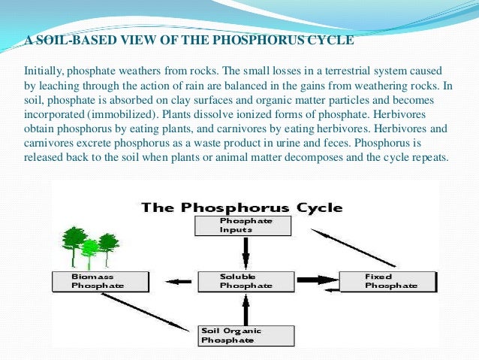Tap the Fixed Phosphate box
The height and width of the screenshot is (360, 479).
point(387,281)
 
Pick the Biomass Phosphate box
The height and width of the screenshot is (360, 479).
point(100,281)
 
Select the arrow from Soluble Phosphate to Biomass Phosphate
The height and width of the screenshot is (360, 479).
point(178,281)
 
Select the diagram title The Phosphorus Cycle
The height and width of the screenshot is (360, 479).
point(243,207)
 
